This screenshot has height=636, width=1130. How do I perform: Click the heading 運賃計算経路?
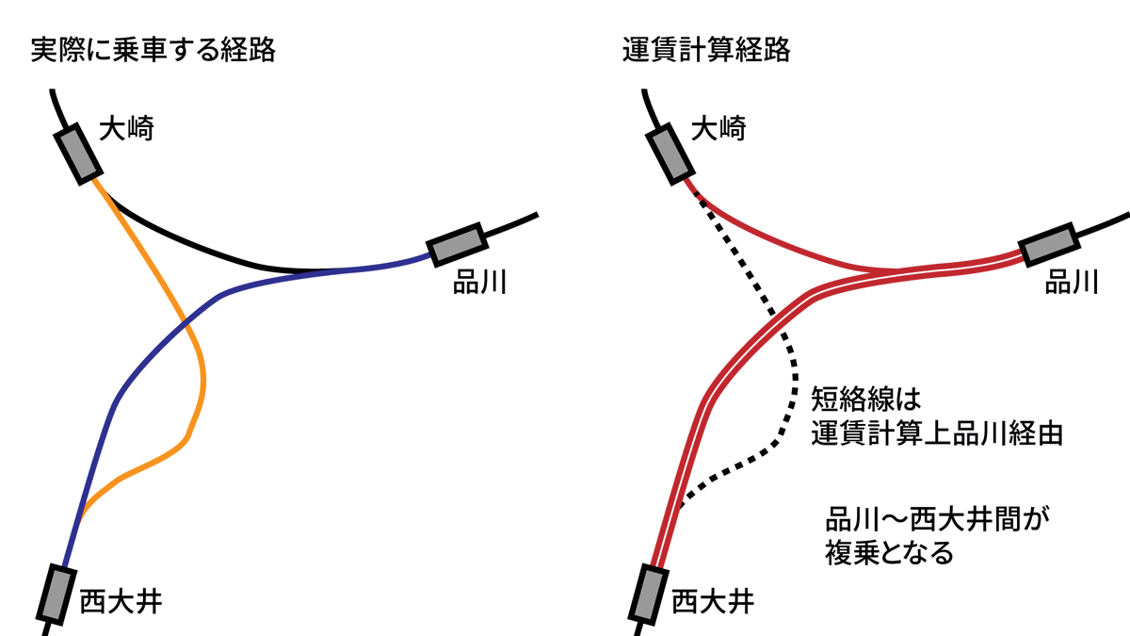[706, 49]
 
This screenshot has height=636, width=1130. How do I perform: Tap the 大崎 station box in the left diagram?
[78, 153]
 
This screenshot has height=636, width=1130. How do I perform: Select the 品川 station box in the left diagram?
[457, 245]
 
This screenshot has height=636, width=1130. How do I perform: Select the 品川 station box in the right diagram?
[1049, 245]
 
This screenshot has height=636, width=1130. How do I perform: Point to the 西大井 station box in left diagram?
[56, 594]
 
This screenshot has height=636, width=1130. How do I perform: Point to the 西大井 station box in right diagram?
[649, 594]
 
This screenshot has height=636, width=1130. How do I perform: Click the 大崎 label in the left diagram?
[127, 128]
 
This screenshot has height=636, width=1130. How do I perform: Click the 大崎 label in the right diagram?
[718, 128]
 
